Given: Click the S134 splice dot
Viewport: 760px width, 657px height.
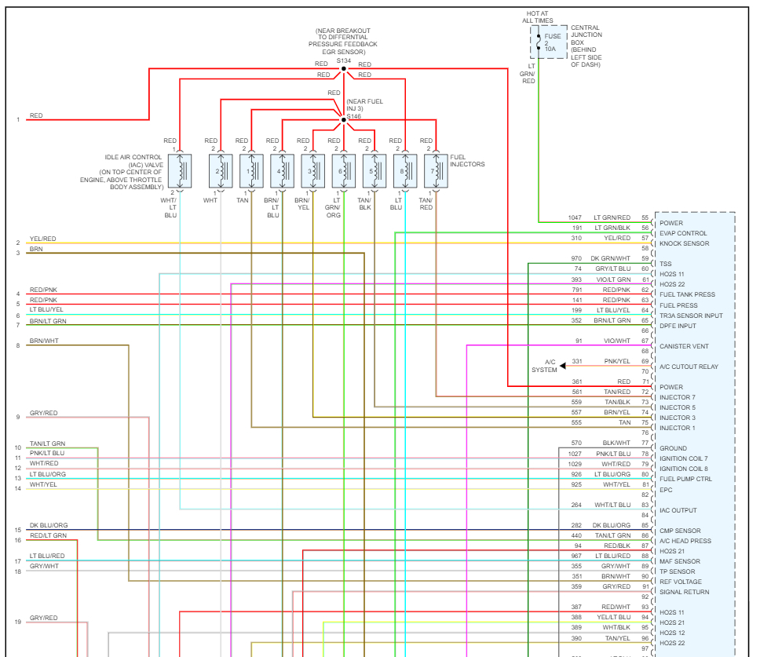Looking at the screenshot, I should pos(343,69).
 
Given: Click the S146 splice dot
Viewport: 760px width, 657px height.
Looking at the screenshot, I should pos(343,120).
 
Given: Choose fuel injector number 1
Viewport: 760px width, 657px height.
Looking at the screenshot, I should pos(251,170).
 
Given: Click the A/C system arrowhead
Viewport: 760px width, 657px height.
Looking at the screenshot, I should pos(563,366).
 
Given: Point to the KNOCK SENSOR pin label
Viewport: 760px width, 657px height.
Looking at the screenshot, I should pos(685,243).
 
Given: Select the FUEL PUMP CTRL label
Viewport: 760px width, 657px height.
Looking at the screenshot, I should pos(686,479).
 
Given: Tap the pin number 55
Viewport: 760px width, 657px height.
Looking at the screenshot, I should pos(645,217).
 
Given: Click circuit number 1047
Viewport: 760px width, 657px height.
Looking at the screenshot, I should pos(575,217).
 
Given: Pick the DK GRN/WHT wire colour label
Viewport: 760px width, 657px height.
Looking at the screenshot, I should pos(611,258).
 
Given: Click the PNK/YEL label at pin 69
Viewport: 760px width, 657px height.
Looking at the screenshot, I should pos(616,361).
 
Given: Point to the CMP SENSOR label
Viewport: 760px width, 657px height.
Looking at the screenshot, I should pos(680,531).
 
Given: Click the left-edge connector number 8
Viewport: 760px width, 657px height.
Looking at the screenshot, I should pos(17,345).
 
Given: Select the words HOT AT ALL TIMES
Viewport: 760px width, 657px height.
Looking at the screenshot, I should pos(539,16).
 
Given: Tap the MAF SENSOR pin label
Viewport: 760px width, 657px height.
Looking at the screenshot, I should pos(680,561).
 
